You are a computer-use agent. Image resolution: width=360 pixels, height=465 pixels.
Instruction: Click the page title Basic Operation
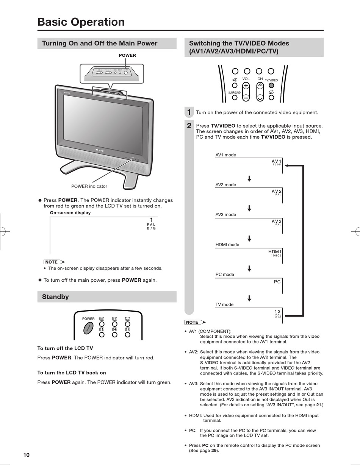81,22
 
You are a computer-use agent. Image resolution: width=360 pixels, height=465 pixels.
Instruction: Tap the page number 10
26,455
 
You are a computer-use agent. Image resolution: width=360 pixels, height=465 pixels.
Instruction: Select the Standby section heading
55,297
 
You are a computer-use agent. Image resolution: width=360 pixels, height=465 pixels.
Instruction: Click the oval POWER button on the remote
88,328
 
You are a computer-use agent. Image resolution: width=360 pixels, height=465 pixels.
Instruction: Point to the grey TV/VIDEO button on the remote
271,86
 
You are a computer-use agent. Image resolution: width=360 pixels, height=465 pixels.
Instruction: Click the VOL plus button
246,86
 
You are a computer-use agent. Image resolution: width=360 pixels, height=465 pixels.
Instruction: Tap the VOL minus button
246,97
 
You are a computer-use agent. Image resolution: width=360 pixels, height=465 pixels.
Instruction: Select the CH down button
260,98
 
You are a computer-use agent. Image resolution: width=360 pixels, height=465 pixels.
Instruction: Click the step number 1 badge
189,112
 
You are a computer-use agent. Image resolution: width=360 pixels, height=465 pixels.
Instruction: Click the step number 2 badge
189,126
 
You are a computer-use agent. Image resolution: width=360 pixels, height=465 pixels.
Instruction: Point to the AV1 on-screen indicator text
277,161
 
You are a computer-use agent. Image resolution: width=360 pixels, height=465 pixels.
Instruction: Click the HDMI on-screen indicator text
275,252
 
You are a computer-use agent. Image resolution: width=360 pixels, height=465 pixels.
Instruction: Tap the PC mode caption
225,275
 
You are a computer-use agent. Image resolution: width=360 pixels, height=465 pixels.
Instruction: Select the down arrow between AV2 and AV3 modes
249,208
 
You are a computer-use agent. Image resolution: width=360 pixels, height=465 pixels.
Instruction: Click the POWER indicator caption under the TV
89,186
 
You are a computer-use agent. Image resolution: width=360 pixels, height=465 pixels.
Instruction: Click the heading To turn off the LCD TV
65,348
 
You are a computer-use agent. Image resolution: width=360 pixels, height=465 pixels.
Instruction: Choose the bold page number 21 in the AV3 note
319,405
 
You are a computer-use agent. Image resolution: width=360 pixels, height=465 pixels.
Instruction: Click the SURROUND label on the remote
234,93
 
